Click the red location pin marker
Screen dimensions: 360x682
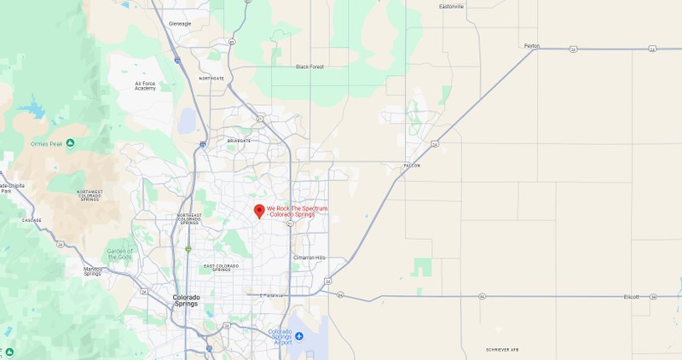coord(259,210)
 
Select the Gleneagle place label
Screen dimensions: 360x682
coord(182,23)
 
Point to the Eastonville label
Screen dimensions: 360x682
coord(451,7)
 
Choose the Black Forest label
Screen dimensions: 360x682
coord(310,67)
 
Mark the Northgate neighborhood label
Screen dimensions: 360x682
coord(211,78)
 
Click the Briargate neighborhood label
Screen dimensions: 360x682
coord(239,140)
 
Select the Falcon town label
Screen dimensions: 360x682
coord(412,165)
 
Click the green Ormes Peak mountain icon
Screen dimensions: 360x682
coord(70,142)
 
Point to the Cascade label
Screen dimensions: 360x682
coord(32,220)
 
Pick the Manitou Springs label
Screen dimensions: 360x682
coord(92,272)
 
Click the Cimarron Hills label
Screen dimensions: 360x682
coord(309,258)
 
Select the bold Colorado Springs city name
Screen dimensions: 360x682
coord(187,300)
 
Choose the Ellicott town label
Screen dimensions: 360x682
coord(631,297)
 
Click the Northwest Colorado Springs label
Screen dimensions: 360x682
coord(89,195)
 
